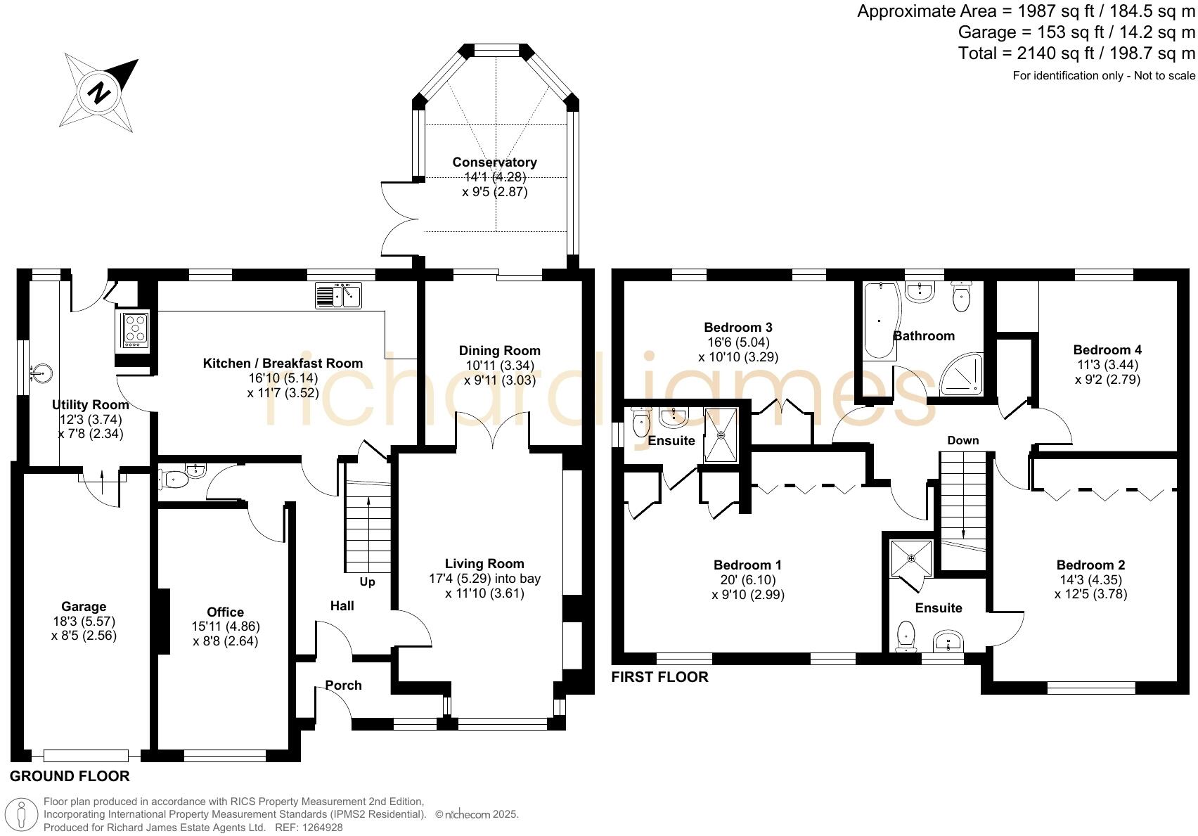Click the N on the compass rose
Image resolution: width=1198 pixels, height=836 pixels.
98,94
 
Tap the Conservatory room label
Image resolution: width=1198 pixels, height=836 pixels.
494,162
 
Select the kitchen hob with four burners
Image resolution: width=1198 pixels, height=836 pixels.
135,330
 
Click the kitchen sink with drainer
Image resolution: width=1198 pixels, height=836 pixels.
338,295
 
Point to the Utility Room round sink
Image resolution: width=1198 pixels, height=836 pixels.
41,372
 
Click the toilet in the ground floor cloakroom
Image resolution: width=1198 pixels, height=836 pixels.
174,480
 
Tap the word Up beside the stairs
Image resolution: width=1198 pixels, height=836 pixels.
367,581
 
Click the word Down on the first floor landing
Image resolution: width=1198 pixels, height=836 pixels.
962,440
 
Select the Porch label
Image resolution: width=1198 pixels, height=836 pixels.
343,685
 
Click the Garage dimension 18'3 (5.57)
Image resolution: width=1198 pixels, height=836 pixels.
84,621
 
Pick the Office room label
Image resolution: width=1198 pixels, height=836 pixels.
225,612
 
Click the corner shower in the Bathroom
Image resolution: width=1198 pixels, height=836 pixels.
962,375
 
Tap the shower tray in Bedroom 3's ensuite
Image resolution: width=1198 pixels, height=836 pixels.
721,435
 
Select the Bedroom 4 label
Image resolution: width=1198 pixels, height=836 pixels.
1107,350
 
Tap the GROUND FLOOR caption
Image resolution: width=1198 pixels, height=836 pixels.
70,776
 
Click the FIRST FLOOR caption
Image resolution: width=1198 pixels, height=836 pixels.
659,676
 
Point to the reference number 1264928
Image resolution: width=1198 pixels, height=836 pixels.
322,828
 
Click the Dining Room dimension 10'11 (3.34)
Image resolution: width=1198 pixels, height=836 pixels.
500,366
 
